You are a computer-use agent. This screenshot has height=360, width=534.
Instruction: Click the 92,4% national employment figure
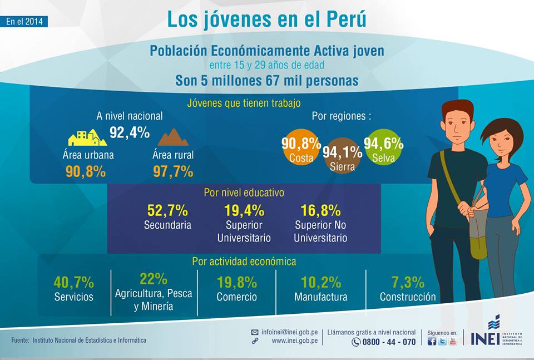[x=129, y=132]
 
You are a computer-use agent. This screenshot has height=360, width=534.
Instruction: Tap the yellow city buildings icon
[x=87, y=137]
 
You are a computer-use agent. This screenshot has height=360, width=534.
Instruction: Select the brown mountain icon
[x=173, y=137]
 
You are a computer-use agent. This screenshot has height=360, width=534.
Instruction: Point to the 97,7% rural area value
[x=173, y=171]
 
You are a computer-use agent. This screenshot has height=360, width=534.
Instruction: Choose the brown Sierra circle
[x=338, y=154]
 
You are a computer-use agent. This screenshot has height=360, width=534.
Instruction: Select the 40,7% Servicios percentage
[x=74, y=282]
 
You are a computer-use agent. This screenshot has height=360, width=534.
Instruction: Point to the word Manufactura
[x=321, y=297]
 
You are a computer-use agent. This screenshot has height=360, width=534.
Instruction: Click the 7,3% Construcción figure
[x=408, y=282]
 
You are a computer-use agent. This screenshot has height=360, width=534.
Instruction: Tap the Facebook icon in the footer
[x=432, y=341]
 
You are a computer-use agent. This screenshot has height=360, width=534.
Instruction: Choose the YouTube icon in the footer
[x=453, y=341]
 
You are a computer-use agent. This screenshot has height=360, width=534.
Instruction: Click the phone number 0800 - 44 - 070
[x=389, y=342]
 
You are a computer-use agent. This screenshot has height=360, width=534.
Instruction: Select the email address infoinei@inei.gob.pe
[x=289, y=332]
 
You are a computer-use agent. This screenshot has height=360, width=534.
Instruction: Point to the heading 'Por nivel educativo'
[x=244, y=193]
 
